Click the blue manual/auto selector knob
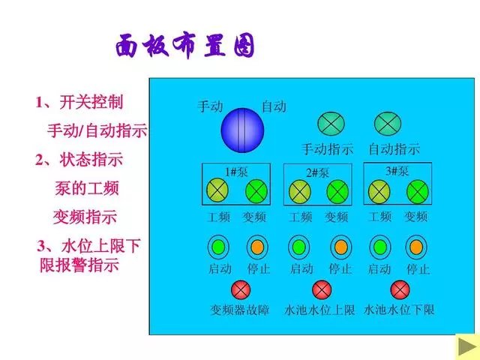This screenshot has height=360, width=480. coord(242,130)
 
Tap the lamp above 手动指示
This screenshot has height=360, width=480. coord(331,124)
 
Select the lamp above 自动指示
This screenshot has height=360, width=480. coord(388,124)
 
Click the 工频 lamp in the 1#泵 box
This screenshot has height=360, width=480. coord(217,190)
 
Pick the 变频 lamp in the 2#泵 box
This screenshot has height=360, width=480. coord(337,192)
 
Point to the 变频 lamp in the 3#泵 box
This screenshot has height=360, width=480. coord(417,192)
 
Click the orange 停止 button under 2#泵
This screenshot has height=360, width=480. coord(341,247)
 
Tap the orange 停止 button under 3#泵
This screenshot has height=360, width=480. coord(416,247)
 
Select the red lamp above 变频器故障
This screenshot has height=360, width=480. coord(241,289)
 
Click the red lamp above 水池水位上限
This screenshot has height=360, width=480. coord(322,289)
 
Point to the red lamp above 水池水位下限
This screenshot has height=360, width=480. coord(400,289)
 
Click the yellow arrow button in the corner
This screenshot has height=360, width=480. coord(467,346)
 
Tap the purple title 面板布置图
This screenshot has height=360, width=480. coord(185,46)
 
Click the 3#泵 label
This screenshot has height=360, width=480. coord(397,171)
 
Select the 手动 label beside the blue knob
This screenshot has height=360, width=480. coord(210,106)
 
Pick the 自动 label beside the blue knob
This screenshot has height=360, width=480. coord(274,106)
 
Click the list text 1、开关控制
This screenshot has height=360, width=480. coord(79,102)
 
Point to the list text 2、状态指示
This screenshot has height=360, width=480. coord(79,160)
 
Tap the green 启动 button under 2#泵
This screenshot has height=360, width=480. coord(299,247)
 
